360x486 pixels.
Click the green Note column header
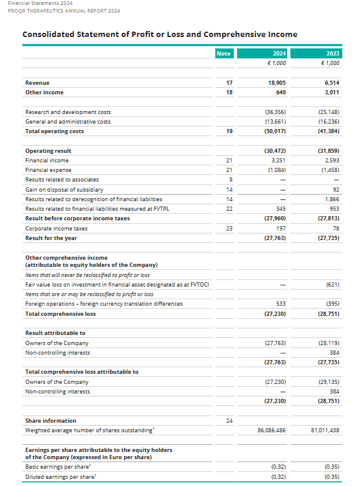click(x=223, y=53)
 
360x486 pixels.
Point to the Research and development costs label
click(x=68, y=112)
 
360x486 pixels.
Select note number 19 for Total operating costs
click(x=230, y=131)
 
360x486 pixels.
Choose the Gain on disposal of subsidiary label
click(x=64, y=189)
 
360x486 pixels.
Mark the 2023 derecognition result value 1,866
click(x=332, y=199)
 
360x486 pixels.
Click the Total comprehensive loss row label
click(x=60, y=313)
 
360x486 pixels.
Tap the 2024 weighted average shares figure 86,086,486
click(x=270, y=430)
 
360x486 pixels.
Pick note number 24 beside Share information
click(x=230, y=420)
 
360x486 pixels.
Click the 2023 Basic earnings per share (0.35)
click(x=331, y=466)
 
